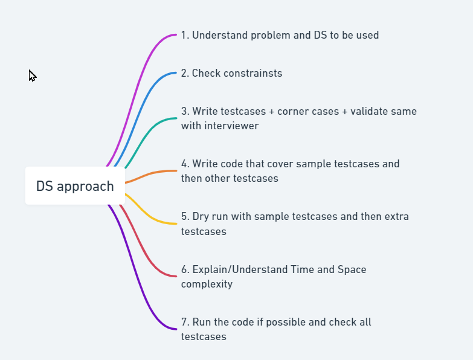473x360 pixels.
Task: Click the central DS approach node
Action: coord(75,186)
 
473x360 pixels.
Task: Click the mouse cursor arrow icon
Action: coord(32,76)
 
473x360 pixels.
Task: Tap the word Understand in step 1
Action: coord(220,35)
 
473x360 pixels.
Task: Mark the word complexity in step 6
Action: coord(207,284)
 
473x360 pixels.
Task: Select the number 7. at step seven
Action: coord(185,322)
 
